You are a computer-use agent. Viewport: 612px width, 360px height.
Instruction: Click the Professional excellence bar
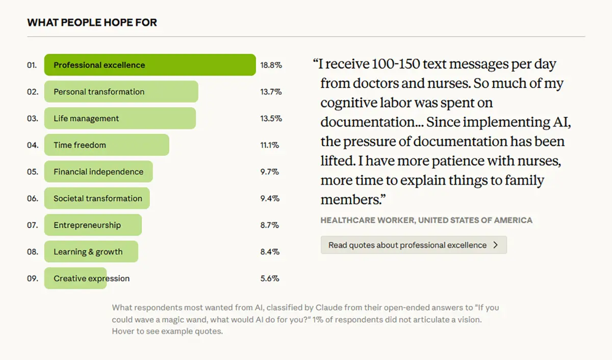149,65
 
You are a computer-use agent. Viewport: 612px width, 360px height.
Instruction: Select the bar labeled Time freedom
106,145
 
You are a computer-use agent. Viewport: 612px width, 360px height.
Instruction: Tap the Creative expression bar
75,278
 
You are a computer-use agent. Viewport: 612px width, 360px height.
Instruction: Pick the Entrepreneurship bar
93,225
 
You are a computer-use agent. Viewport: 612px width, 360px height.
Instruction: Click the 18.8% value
271,65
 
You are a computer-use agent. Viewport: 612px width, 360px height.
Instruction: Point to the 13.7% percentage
271,92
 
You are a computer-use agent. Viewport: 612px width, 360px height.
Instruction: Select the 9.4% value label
270,198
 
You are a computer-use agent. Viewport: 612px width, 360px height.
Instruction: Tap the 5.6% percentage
270,278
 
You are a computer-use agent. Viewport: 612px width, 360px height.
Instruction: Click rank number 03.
33,119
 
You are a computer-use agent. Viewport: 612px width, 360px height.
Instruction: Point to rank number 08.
33,252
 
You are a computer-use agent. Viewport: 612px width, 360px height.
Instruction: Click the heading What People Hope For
92,22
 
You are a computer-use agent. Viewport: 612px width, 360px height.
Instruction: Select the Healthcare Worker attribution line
426,220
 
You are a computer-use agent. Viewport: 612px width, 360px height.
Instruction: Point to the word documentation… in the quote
371,122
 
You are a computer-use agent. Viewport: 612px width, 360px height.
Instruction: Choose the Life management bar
120,119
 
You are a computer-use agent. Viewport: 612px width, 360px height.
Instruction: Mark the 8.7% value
270,225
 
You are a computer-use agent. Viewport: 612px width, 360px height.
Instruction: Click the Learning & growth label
88,252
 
